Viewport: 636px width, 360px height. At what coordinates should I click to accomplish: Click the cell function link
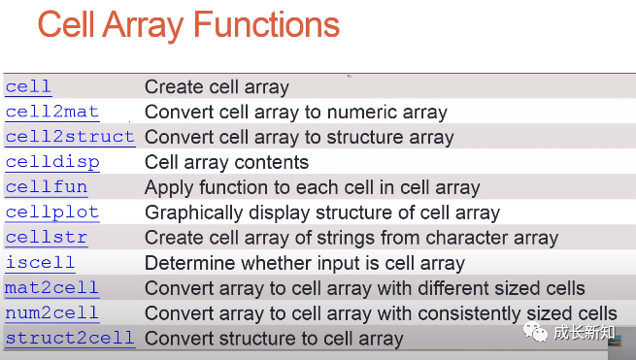pos(28,86)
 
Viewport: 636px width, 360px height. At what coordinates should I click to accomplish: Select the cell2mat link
pos(52,112)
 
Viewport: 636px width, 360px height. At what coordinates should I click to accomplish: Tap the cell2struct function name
pos(70,137)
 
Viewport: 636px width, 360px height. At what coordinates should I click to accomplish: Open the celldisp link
pos(52,163)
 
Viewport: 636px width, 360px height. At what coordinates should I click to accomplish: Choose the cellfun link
pos(47,187)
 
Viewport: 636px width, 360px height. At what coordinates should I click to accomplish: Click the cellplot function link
pos(52,213)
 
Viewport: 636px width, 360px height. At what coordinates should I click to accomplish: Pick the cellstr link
pos(47,238)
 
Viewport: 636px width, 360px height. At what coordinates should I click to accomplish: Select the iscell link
pos(40,263)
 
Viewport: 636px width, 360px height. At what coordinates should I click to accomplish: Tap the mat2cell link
pos(51,288)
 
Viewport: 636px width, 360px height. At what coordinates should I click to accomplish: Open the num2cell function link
pos(51,313)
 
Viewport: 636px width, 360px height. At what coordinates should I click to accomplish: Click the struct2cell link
pos(70,338)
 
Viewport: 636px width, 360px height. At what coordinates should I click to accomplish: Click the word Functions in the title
pos(266,24)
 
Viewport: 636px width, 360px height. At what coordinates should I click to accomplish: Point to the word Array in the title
pos(143,27)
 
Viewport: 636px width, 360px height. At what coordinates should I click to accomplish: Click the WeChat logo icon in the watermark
pos(535,332)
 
